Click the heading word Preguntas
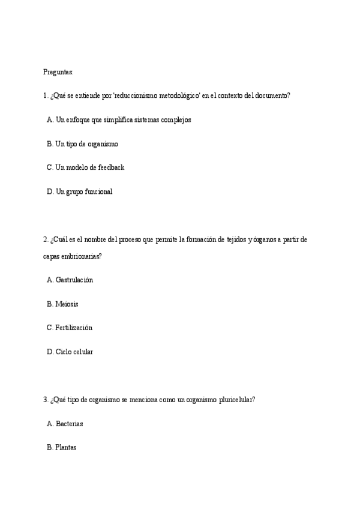[x=58, y=72]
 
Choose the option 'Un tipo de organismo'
[x=86, y=144]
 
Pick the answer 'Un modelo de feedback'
[x=89, y=167]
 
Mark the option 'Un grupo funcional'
[x=83, y=192]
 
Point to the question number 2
[x=45, y=239]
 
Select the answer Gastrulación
[x=74, y=280]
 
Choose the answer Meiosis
[x=67, y=304]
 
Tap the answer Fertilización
[x=74, y=328]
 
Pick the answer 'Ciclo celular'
[x=74, y=352]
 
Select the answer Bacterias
[x=69, y=424]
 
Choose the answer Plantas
[x=66, y=448]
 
